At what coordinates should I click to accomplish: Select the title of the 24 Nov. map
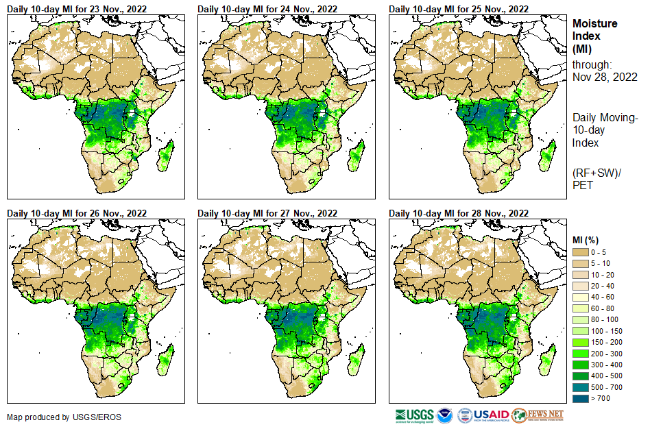267,9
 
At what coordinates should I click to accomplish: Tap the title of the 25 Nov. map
459,9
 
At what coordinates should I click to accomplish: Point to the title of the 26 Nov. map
77,213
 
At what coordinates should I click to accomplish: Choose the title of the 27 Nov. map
267,213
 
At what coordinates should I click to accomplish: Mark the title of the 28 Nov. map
459,213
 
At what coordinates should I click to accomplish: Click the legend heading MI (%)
587,239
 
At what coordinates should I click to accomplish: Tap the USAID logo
483,415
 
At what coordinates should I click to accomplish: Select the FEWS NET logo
538,415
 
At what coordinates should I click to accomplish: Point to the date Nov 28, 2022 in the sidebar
605,77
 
